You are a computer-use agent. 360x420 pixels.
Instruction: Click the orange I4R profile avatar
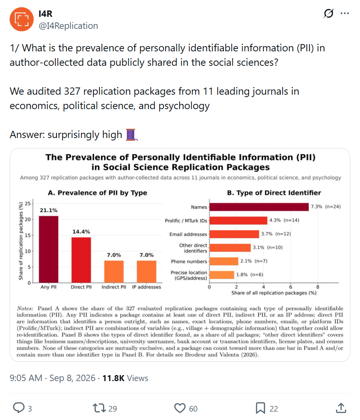click(22, 19)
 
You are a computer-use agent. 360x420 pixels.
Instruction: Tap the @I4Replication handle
click(69, 26)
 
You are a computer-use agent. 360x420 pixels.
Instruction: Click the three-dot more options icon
click(345, 13)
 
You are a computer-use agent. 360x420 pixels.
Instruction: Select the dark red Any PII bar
click(49, 249)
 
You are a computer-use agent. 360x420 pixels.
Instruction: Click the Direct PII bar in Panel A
click(81, 260)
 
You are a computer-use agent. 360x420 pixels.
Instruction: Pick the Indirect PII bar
click(114, 272)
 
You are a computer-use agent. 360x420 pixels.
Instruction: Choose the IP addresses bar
click(146, 272)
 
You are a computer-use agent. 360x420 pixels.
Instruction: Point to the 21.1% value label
click(49, 210)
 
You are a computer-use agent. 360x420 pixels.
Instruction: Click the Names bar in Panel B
click(259, 207)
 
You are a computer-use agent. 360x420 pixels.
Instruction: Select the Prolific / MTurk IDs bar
click(238, 221)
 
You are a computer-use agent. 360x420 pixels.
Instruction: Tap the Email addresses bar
click(234, 234)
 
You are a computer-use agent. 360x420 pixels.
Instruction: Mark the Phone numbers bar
click(224, 261)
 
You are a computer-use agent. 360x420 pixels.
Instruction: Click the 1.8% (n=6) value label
click(250, 274)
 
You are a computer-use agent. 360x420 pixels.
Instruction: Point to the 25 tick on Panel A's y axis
click(28, 203)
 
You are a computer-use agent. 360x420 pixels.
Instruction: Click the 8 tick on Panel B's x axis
click(318, 287)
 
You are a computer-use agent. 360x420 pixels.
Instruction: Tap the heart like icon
click(180, 408)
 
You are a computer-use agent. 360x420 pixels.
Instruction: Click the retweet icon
click(99, 408)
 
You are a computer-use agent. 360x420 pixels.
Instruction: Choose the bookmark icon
click(260, 408)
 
